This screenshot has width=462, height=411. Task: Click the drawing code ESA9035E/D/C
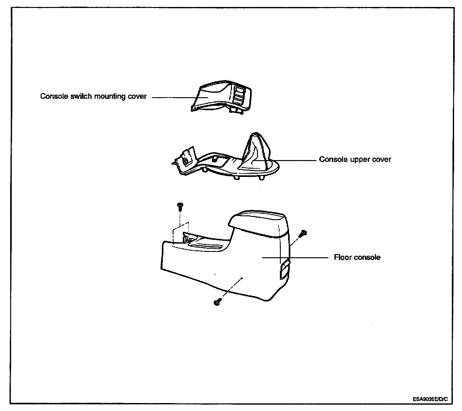click(x=430, y=399)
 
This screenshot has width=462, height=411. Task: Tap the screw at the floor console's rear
click(x=304, y=233)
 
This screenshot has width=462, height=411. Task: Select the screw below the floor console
click(x=217, y=302)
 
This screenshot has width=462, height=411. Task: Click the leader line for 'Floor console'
click(x=295, y=258)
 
